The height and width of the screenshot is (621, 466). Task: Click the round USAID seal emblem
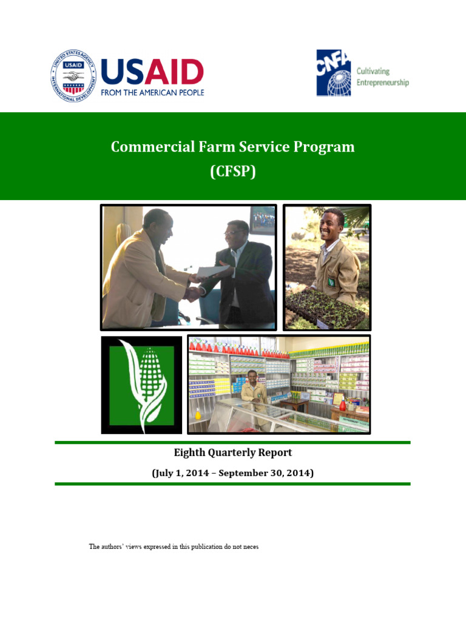pyautogui.click(x=73, y=76)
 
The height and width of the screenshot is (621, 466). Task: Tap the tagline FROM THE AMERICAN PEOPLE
pyautogui.click(x=152, y=92)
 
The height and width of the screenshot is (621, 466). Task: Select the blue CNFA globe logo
pyautogui.click(x=334, y=73)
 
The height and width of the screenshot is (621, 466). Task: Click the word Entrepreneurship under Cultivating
pyautogui.click(x=382, y=82)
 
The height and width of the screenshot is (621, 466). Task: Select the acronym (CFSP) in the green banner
pyautogui.click(x=233, y=172)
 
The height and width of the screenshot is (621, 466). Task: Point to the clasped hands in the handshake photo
pyautogui.click(x=194, y=292)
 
